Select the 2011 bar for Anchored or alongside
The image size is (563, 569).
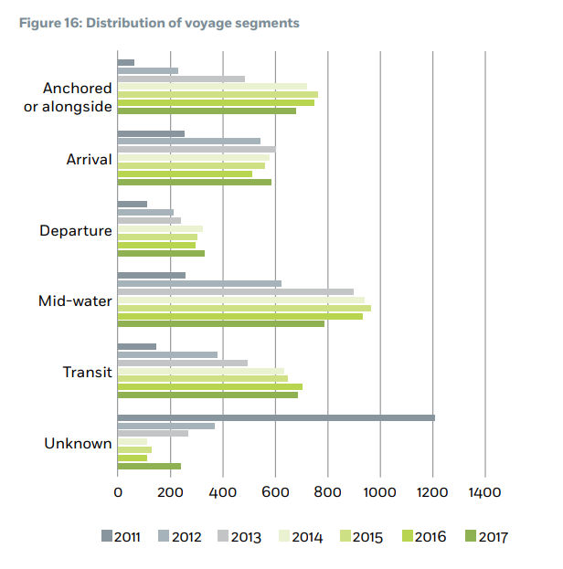[x=126, y=62]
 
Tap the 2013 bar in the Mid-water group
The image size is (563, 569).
[x=236, y=292]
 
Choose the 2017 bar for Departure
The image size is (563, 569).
[x=161, y=253]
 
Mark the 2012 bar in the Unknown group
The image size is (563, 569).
[x=166, y=426]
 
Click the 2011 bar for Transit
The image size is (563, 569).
[x=137, y=347]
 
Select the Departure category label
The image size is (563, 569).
[x=76, y=230]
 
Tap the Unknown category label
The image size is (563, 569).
[x=79, y=444]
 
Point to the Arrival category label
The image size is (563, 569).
[x=90, y=160]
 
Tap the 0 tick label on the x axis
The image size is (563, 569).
[x=118, y=492]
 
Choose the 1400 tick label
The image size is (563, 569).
[x=485, y=492]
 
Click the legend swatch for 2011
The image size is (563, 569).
[x=106, y=536]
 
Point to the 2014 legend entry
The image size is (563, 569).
[x=298, y=536]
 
